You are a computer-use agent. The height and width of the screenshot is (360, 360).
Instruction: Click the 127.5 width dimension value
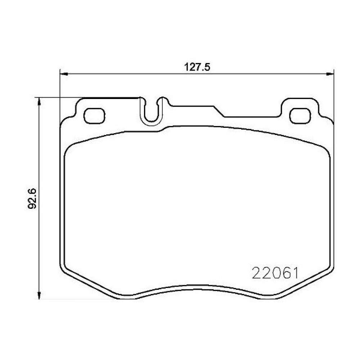197,67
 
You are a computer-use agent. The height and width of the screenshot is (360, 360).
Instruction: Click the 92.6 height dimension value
32,198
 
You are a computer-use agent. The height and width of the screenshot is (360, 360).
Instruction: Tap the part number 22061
275,273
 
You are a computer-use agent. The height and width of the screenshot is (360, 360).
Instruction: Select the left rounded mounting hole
95,116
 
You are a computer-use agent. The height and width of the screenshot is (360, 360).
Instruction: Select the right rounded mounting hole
300,116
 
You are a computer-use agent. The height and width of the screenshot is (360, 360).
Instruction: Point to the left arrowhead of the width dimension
64,74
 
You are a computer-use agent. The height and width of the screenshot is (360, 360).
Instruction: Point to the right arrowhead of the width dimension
330,74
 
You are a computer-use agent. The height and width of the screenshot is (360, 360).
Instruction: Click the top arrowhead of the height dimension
40,102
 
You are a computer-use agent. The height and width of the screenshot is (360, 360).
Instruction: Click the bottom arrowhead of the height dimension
40,295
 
